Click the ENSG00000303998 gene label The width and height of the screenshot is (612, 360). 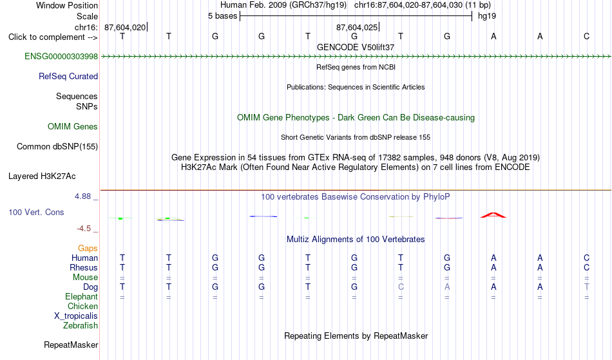[x=61, y=57]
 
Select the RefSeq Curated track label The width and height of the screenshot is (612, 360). [x=68, y=77]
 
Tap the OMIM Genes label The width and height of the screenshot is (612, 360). [x=73, y=127]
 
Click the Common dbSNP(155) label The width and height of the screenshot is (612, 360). [x=57, y=147]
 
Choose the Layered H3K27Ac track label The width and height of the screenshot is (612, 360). [x=42, y=176]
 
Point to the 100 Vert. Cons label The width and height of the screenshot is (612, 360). [x=36, y=212]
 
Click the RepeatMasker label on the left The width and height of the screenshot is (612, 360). [x=71, y=345]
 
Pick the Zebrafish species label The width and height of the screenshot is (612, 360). [x=81, y=326]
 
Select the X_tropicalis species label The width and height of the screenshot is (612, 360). [x=76, y=316]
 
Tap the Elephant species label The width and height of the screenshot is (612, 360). [x=82, y=297]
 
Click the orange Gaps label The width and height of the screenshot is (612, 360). [x=88, y=249]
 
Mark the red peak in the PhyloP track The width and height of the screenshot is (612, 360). [x=493, y=215]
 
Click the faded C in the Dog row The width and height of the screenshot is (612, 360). [x=401, y=287]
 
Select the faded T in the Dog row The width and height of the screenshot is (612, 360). [x=587, y=287]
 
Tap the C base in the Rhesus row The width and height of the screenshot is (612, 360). [x=587, y=267]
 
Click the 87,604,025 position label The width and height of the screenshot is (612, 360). [x=357, y=28]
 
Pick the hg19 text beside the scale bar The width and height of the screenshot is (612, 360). [x=487, y=16]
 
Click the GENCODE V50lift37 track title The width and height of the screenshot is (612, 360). [x=356, y=47]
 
